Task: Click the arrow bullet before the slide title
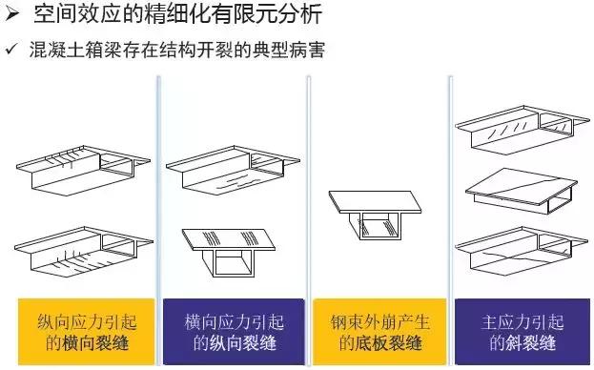[x=11, y=14]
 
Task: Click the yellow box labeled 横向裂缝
[x=86, y=332]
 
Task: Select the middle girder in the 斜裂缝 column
[x=523, y=196]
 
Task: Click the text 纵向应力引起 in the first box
[x=86, y=321]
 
